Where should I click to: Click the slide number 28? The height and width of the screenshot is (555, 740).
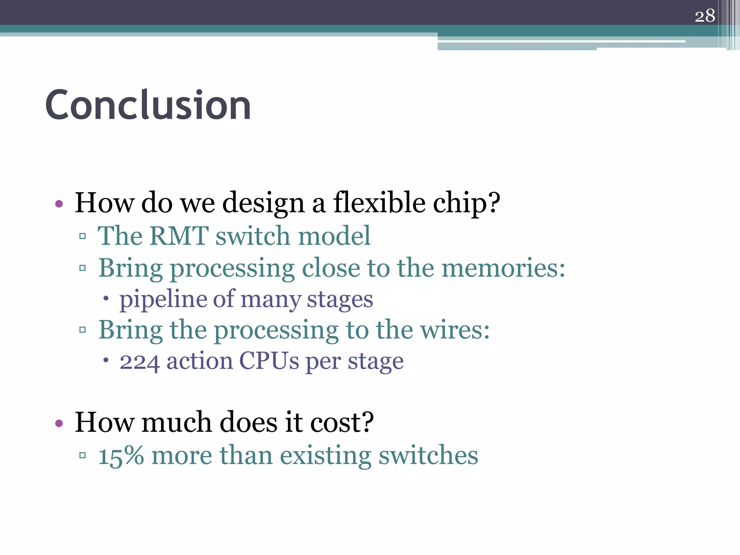[x=705, y=16]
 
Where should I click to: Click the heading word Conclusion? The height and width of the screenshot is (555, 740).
[x=148, y=105]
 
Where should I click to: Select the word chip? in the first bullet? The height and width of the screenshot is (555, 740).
[x=466, y=203]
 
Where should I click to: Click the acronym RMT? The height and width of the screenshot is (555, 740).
[x=179, y=236]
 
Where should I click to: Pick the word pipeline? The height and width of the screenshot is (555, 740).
[x=162, y=300]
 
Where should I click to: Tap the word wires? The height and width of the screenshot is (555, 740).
[x=455, y=330]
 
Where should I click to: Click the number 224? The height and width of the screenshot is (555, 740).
[x=139, y=361]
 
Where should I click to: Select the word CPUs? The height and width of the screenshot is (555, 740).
[x=269, y=361]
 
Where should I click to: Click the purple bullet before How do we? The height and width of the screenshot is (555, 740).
[x=59, y=204]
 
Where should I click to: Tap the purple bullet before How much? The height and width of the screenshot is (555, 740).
[x=59, y=423]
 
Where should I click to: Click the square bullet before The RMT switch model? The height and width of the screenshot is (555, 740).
[x=82, y=237]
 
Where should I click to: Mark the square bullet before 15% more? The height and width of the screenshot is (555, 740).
[x=82, y=455]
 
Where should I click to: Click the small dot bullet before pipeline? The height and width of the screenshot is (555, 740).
[x=106, y=299]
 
